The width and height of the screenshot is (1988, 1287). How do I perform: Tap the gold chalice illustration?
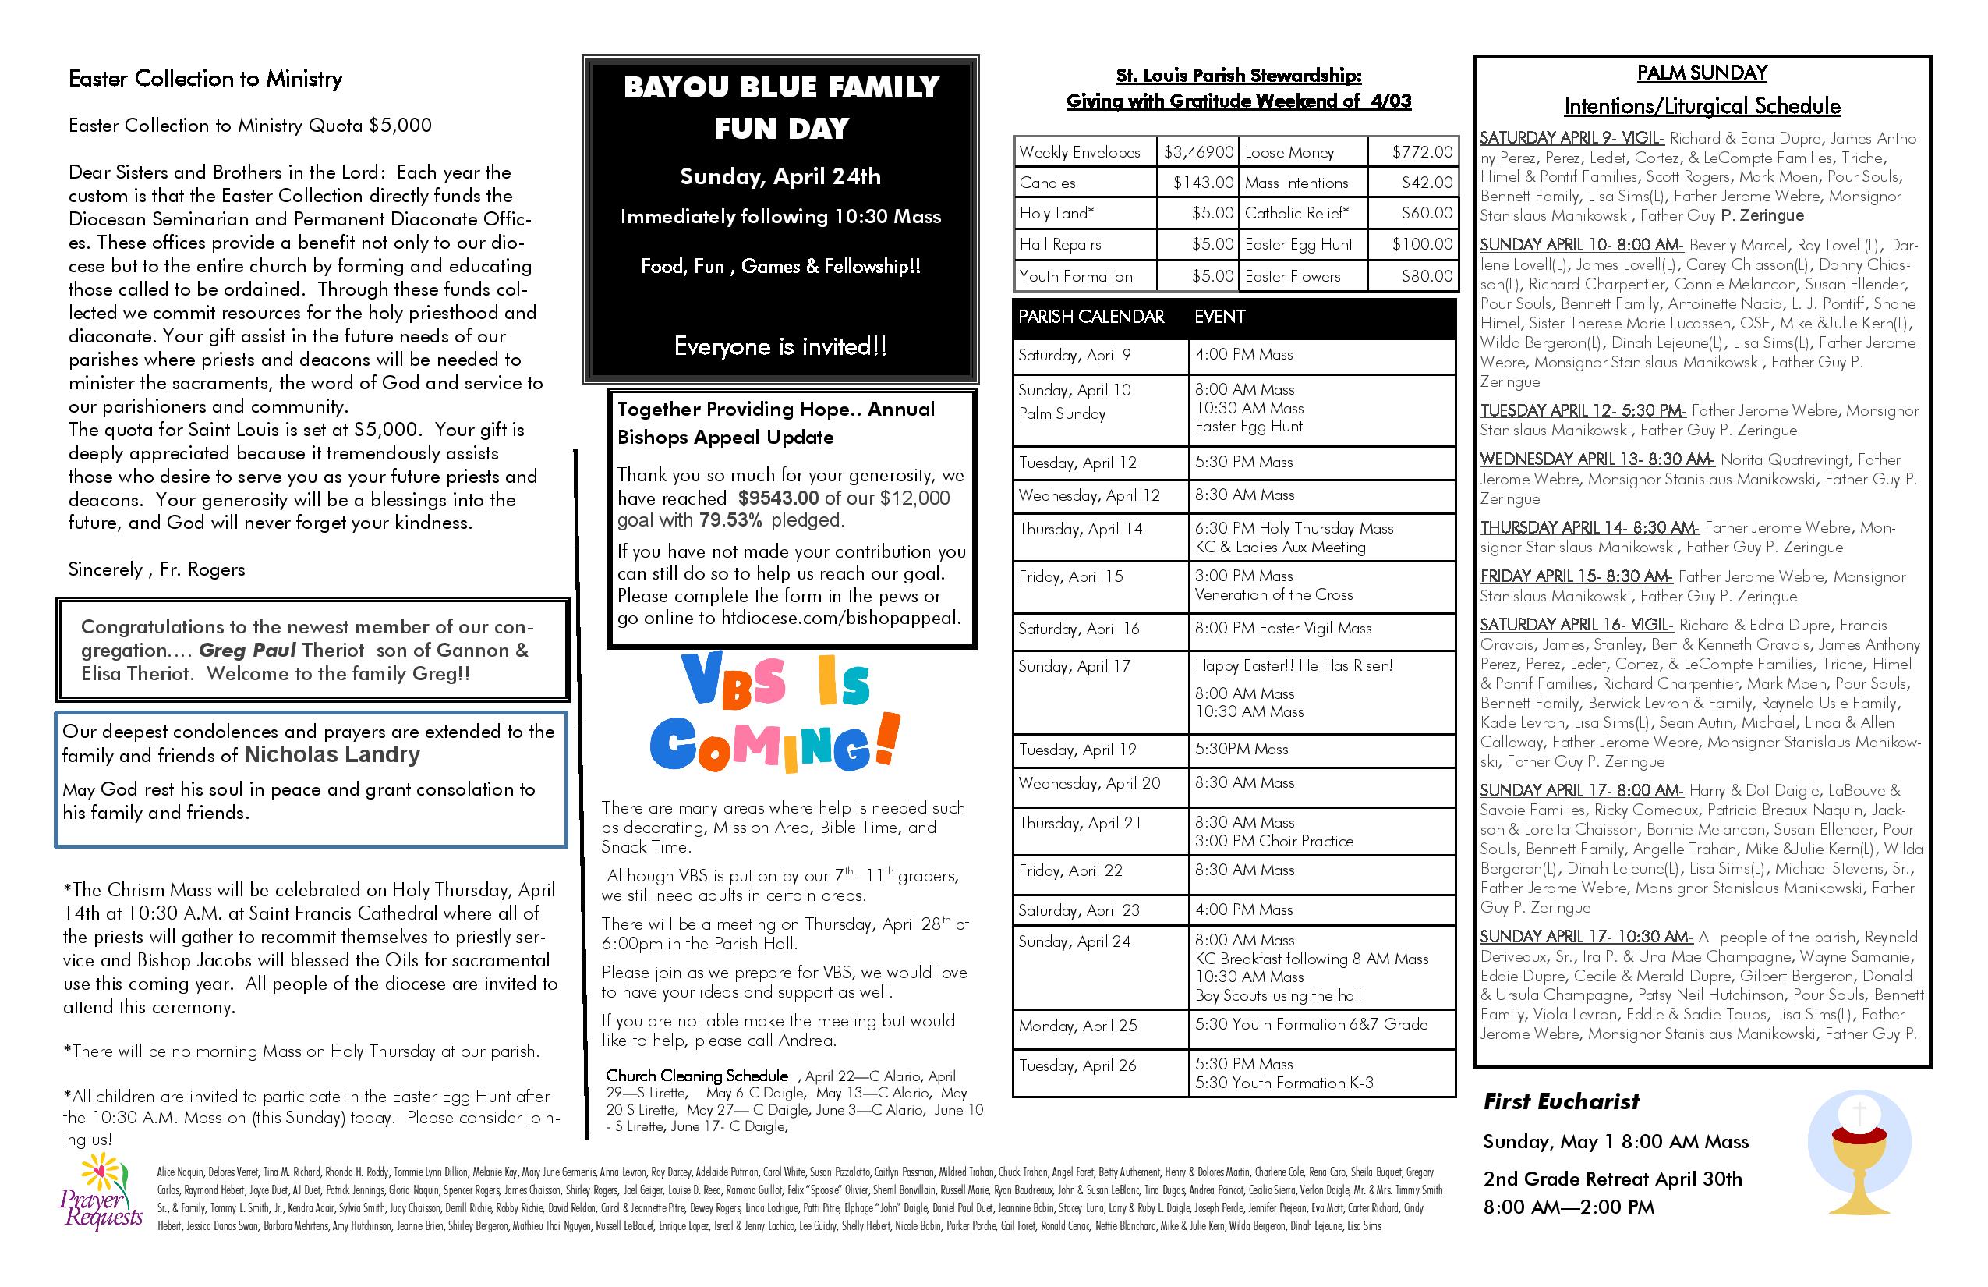(x=1859, y=1163)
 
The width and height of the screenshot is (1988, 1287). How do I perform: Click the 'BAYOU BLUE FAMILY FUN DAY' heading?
(x=781, y=107)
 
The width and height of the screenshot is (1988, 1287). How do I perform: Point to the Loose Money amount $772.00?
(x=1423, y=152)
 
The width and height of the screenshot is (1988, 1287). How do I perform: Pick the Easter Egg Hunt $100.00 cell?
(x=1423, y=244)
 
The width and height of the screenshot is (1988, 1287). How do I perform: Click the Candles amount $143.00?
(x=1203, y=183)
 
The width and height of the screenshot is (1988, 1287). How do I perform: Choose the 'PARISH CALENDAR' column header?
(x=1091, y=317)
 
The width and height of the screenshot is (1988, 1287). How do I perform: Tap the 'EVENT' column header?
(x=1219, y=317)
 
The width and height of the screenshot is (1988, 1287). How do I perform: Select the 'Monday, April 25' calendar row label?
(x=1077, y=1026)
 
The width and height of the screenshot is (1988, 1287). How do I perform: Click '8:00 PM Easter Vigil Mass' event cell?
(x=1283, y=629)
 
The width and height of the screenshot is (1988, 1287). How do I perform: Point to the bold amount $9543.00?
(x=779, y=499)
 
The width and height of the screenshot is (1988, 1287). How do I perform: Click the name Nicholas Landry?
(x=331, y=755)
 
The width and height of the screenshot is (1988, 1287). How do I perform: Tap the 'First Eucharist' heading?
(x=1561, y=1101)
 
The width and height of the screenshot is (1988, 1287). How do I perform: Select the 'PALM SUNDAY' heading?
(x=1701, y=73)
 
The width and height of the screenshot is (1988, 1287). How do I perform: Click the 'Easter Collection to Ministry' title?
(x=206, y=80)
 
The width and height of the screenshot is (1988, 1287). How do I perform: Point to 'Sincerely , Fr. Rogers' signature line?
(x=157, y=570)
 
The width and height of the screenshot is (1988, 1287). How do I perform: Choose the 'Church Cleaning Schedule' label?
(x=697, y=1076)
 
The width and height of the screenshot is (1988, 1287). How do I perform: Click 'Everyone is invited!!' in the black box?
(x=780, y=347)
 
